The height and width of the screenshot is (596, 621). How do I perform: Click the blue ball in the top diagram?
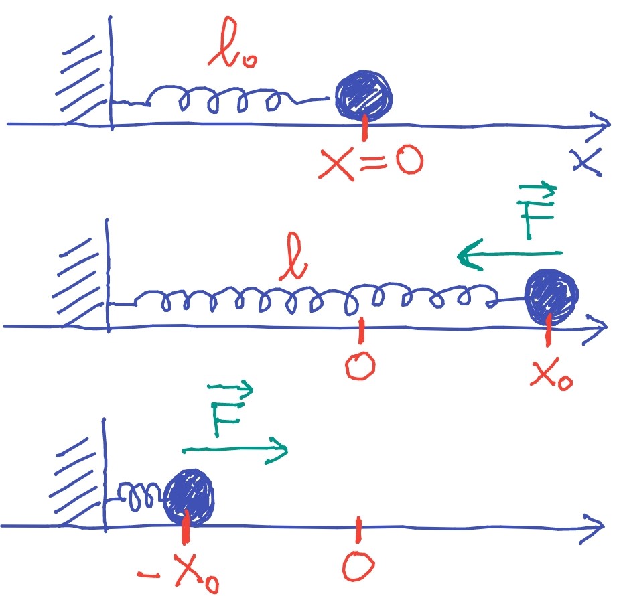click(x=364, y=95)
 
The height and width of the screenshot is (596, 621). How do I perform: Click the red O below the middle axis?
click(x=360, y=366)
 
